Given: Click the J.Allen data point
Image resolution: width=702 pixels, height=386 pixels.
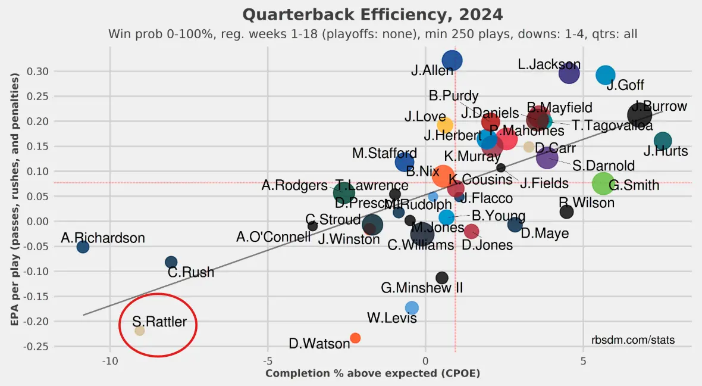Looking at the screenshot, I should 453,61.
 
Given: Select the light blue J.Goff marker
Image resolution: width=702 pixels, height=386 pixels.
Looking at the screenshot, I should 605,75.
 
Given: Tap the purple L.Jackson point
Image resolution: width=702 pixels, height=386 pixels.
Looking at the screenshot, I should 569,73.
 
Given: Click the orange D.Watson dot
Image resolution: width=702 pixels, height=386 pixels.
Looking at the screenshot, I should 355,338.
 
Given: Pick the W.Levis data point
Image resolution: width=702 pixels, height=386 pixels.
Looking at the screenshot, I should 412,307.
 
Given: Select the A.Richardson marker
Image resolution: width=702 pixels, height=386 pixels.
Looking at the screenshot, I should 83,247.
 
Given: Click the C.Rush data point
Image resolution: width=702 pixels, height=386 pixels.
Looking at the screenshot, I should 171,262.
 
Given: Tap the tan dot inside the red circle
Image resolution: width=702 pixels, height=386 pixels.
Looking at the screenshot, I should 140,331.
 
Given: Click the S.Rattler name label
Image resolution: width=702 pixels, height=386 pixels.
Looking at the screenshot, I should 159,322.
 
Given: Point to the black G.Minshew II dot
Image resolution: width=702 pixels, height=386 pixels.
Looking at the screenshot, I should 441,278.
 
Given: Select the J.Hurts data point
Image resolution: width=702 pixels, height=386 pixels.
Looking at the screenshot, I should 662,141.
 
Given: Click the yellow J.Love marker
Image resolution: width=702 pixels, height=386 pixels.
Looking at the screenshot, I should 444,125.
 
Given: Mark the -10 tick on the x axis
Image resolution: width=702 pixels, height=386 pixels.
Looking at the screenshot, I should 109,361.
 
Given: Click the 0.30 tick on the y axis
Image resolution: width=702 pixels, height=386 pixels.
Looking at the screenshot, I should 37,71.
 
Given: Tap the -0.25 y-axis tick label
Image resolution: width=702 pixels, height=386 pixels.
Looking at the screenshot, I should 36,346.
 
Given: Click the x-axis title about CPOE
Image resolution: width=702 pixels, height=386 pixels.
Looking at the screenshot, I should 372,373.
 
